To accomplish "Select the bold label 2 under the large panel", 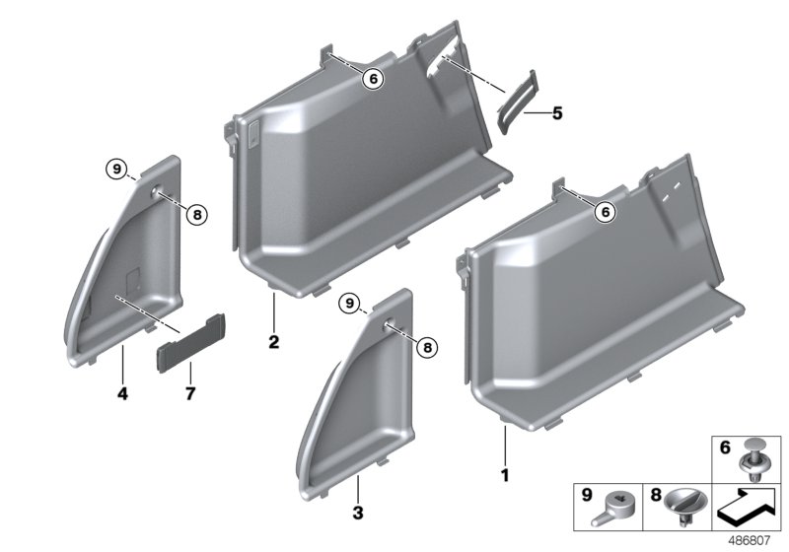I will point(273,343).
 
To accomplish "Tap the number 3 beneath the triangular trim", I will point(358,513).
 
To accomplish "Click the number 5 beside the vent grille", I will point(557,114).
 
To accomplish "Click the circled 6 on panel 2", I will point(373,78).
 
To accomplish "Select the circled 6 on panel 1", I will point(604,210).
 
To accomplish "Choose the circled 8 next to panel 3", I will point(426,345).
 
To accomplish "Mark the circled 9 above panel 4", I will point(116,171).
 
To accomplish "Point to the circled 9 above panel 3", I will point(348,303).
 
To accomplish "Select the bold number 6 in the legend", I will point(724,448).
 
